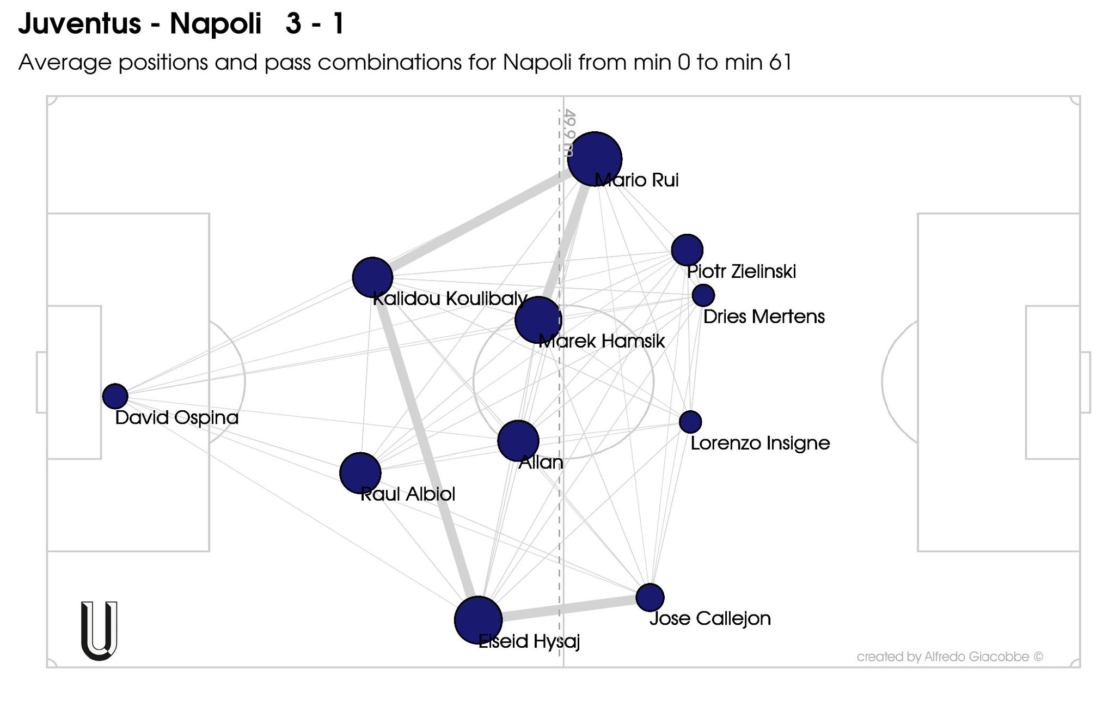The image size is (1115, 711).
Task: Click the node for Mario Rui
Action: click(x=594, y=159)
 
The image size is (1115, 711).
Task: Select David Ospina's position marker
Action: click(x=115, y=396)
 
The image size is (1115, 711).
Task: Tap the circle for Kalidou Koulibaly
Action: click(x=372, y=277)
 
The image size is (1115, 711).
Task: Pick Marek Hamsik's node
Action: click(x=538, y=320)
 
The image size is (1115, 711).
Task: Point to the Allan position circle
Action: click(x=518, y=441)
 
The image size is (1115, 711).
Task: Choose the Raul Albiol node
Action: click(x=360, y=473)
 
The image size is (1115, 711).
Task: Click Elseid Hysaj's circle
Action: click(x=478, y=620)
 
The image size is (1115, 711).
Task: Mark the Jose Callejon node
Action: click(x=650, y=598)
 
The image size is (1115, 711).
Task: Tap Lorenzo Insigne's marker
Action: click(x=690, y=421)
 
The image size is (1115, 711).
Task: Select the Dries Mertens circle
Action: click(x=703, y=295)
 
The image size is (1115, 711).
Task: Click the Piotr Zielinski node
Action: click(x=687, y=250)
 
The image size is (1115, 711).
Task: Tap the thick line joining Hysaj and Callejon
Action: click(x=566, y=609)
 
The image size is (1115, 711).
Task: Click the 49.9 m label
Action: click(x=569, y=133)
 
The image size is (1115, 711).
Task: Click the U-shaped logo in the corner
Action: click(x=99, y=630)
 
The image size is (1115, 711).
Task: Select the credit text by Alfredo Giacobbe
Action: click(x=949, y=657)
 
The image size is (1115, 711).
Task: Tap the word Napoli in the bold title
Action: click(x=216, y=24)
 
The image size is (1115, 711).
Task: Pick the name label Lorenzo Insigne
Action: click(x=760, y=443)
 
